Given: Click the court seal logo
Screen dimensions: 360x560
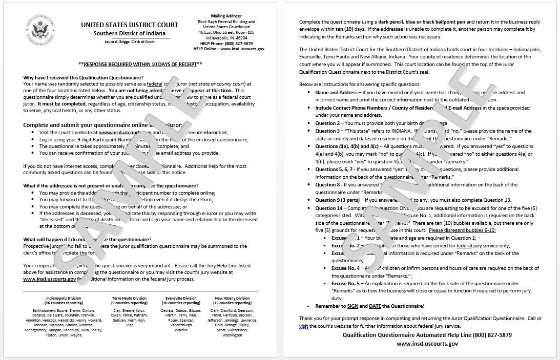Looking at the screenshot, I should tap(40, 29).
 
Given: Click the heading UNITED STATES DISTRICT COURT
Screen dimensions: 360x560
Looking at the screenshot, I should tap(130, 25).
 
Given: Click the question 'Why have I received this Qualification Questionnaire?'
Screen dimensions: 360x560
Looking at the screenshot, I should tap(84, 77).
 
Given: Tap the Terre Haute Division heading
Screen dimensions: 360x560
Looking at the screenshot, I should tap(129, 298).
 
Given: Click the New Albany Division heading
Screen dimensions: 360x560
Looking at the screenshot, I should tap(233, 298).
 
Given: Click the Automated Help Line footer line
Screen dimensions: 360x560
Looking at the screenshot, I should tap(427, 335).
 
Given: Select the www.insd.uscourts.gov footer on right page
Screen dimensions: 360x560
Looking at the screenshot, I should tap(427, 344).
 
